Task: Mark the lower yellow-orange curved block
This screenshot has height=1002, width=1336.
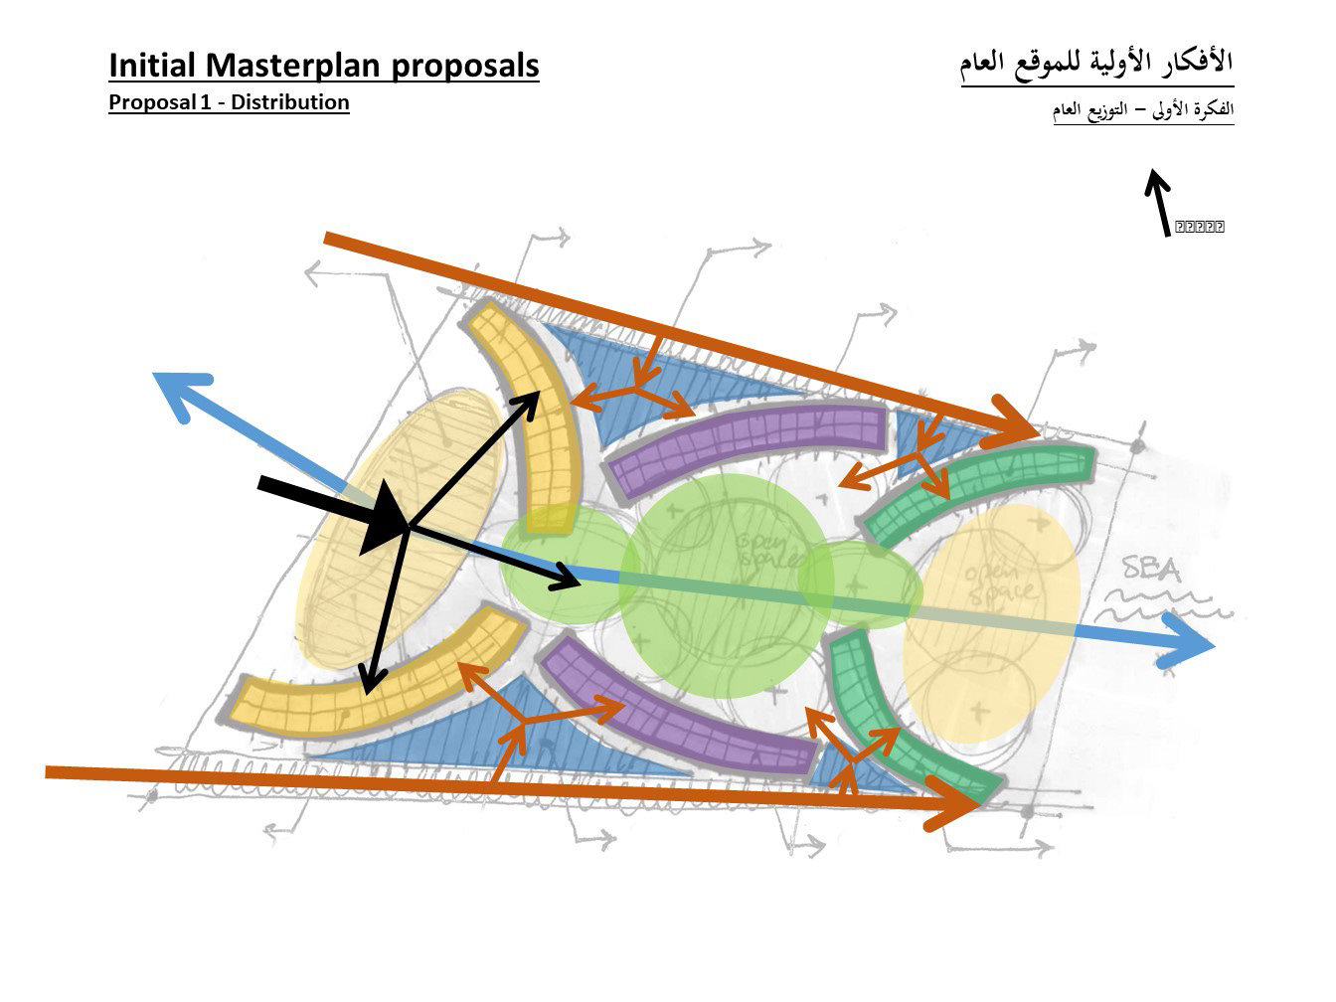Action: click(378, 686)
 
